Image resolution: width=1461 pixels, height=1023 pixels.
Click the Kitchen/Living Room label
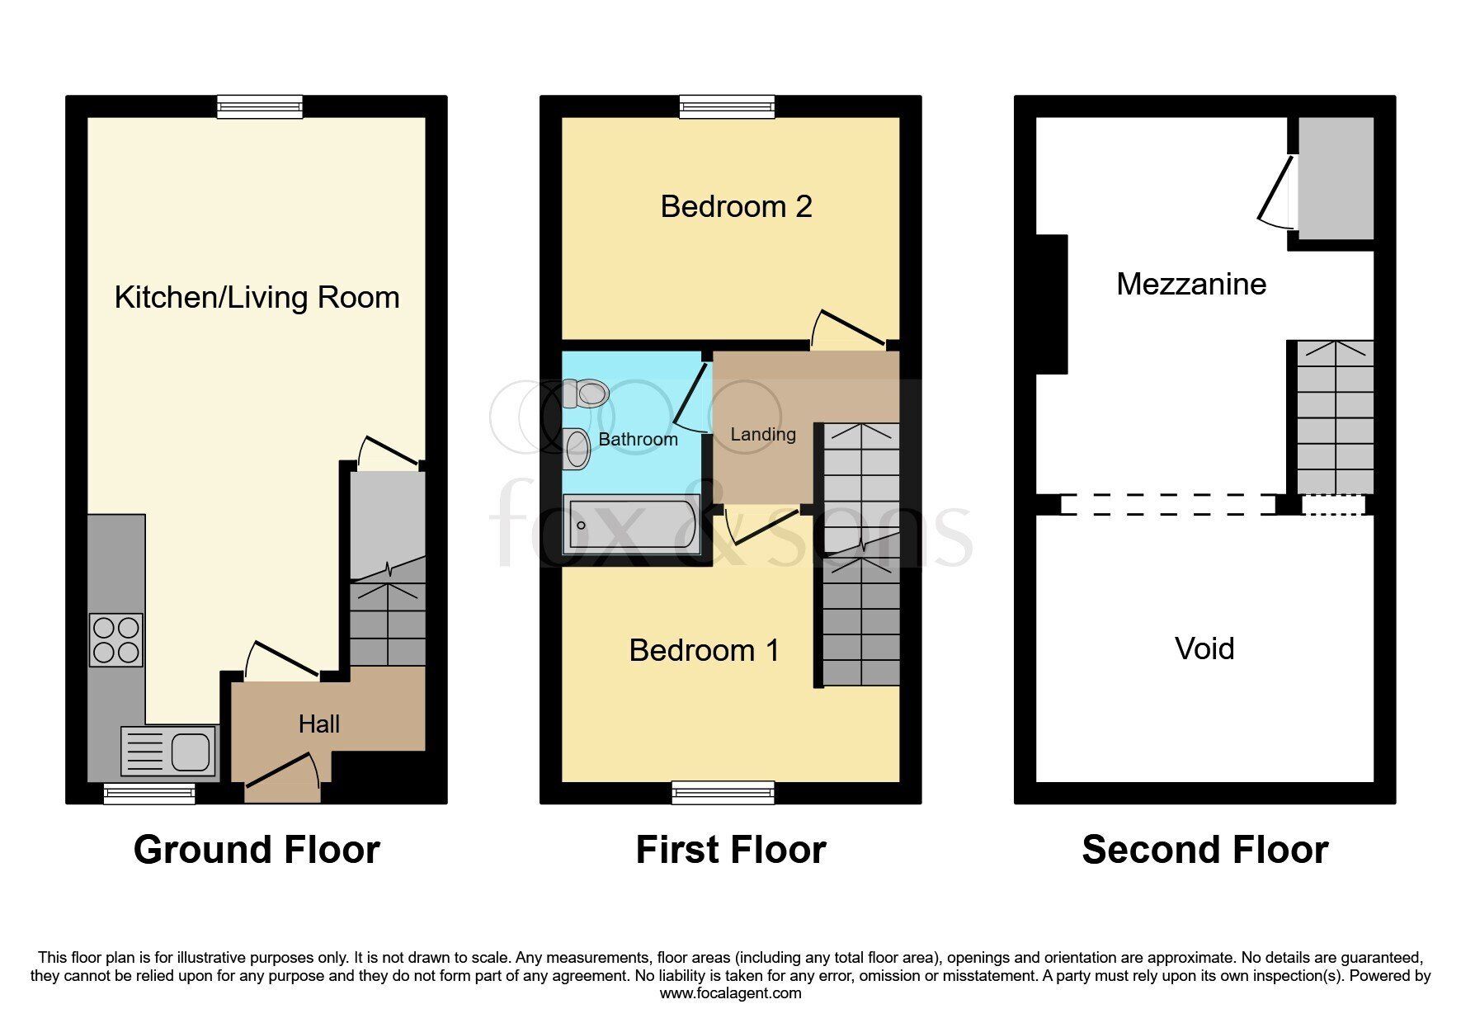(x=257, y=298)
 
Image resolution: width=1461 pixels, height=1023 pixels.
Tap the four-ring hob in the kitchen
(x=115, y=640)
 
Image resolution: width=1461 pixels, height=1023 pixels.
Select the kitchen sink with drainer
(x=169, y=751)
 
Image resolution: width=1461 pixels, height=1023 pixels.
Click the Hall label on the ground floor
(x=319, y=724)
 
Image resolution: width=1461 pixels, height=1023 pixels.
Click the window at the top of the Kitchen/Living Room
(x=260, y=107)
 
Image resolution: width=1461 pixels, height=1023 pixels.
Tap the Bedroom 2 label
(x=736, y=206)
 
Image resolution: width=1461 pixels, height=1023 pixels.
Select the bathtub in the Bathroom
(x=632, y=524)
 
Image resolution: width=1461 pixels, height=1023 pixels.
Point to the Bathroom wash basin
(x=577, y=449)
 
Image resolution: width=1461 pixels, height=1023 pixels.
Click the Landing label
(x=763, y=435)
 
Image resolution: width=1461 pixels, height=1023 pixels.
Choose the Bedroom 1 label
(x=704, y=650)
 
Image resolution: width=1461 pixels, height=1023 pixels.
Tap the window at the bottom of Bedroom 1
(x=723, y=793)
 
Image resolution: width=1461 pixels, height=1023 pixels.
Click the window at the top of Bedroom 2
(x=728, y=107)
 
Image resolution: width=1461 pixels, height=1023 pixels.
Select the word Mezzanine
(x=1191, y=284)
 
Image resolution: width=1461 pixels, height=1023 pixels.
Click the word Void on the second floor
(x=1204, y=648)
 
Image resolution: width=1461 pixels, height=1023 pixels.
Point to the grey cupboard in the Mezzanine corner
(x=1336, y=178)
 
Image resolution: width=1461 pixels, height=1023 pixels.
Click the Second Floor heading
(x=1204, y=850)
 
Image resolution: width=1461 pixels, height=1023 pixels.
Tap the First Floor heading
(x=731, y=850)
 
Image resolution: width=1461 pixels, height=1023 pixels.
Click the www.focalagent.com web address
(x=730, y=993)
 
